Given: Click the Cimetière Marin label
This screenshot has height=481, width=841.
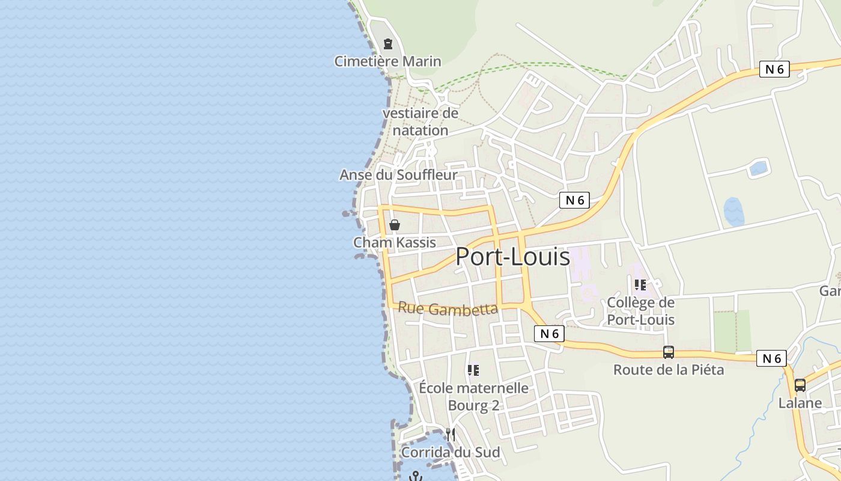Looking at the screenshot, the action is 387,61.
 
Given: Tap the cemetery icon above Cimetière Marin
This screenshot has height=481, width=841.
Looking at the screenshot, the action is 388,44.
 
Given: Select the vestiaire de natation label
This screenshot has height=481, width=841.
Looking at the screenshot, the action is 420,121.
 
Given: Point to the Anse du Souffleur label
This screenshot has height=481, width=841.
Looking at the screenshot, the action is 398,175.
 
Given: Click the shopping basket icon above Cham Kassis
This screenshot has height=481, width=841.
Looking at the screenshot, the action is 395,225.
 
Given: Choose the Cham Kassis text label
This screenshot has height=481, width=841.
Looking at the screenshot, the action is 394,242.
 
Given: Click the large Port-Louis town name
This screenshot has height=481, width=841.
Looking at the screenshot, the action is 512,257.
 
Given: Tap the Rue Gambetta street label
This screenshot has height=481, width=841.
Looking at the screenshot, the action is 448,308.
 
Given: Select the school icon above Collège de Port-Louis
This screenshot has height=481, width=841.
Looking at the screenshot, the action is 640,284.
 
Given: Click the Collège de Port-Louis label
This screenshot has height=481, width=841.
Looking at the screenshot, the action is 640,311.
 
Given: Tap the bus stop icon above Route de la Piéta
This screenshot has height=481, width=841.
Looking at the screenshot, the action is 668,352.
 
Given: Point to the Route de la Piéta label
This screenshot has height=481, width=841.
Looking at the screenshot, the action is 668,370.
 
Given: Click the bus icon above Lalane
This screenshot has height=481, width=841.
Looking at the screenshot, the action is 800,385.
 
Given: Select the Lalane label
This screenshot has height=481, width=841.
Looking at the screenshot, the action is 800,403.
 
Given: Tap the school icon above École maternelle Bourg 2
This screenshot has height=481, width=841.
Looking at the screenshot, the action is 473,370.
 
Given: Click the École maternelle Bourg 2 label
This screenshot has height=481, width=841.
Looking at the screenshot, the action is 473,396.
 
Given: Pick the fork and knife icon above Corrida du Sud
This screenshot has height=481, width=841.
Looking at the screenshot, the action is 450,434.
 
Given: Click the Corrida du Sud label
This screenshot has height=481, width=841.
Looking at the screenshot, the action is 450,452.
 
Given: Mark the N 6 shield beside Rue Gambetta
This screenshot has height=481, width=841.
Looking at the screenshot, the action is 549,334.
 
